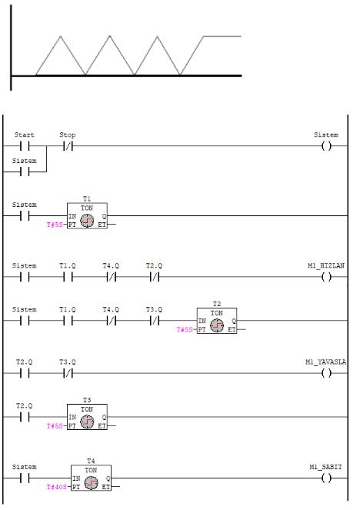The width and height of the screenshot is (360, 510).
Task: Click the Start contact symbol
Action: [x=25, y=146]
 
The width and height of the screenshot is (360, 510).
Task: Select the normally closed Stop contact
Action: [x=68, y=146]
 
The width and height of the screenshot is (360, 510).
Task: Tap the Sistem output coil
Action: [x=326, y=146]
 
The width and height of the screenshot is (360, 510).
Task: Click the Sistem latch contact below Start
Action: [x=25, y=172]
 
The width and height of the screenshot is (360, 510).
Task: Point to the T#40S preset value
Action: [x=57, y=487]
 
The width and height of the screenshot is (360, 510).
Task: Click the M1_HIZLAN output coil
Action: [x=326, y=277]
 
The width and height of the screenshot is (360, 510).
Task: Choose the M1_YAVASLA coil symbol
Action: [x=326, y=373]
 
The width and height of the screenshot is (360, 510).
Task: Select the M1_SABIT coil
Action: [x=326, y=478]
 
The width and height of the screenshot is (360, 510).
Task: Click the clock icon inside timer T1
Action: [x=87, y=221]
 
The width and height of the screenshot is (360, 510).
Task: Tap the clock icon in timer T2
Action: [x=217, y=325]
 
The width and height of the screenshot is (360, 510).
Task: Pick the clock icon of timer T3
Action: [x=87, y=422]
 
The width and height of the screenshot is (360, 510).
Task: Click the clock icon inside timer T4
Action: [x=91, y=482]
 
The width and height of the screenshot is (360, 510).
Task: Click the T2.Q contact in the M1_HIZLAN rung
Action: [x=155, y=277]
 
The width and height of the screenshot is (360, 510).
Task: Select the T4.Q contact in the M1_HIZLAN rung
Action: [x=112, y=277]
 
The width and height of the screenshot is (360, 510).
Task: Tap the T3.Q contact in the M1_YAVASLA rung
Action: [x=68, y=373]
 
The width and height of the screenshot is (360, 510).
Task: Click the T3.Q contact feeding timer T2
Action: [x=155, y=321]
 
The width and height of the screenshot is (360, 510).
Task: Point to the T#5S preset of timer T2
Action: [x=185, y=330]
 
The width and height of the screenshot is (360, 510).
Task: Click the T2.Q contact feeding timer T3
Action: [x=25, y=417]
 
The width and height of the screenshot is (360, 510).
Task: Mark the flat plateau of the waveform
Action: [x=222, y=36]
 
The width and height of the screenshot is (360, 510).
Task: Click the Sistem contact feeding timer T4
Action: [x=25, y=478]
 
